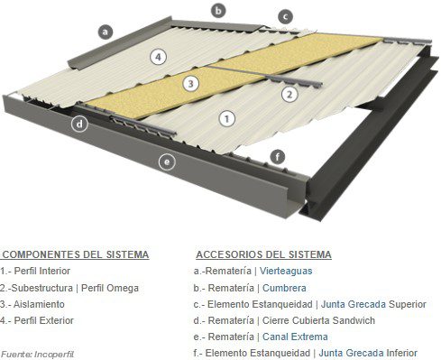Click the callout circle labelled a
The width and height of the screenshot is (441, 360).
(106, 32)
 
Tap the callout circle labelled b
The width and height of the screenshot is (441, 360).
(218, 11)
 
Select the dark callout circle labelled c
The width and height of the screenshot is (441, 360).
(285, 17)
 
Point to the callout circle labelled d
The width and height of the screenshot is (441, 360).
(79, 124)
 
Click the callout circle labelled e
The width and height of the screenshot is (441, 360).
(167, 162)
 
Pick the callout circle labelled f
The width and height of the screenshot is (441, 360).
(278, 157)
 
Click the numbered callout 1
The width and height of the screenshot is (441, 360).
(227, 119)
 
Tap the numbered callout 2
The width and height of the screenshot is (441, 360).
(289, 95)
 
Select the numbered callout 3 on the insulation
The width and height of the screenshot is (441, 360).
(190, 83)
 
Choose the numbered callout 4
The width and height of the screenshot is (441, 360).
(159, 57)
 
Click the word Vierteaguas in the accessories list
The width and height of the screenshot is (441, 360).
(286, 271)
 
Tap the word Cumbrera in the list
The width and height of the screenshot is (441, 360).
(284, 288)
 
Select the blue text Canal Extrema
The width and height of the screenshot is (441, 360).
(295, 337)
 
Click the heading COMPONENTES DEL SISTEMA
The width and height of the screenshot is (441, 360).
(75, 254)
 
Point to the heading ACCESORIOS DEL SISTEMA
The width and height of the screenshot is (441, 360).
(263, 254)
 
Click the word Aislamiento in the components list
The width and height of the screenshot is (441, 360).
(39, 304)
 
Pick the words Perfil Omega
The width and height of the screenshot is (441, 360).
(110, 288)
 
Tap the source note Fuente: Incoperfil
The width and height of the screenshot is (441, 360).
(38, 355)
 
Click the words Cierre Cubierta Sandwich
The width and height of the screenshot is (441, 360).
(318, 320)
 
